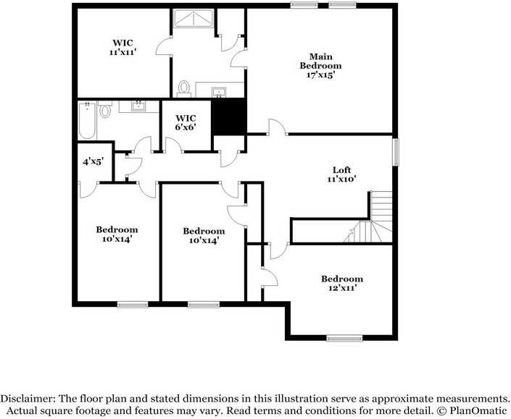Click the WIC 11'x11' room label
pos(122,48)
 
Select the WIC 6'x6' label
pos(186,122)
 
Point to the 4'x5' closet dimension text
pos(93,161)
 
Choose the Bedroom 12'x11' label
pos(342,283)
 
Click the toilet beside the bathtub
pos(106,111)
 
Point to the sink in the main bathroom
pos(218,91)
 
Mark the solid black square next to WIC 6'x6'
pos(230,117)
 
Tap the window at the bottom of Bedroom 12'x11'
pos(344,337)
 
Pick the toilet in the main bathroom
pos(184,88)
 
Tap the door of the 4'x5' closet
pos(87,187)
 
